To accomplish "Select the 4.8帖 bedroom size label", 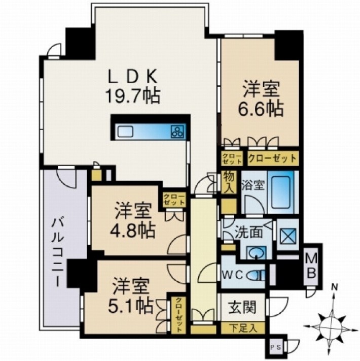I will pyautogui.click(x=134, y=229).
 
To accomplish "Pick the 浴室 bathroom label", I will pyautogui.click(x=253, y=185).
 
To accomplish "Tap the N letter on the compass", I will pyautogui.click(x=334, y=288).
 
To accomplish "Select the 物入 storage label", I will pyautogui.click(x=229, y=182).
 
